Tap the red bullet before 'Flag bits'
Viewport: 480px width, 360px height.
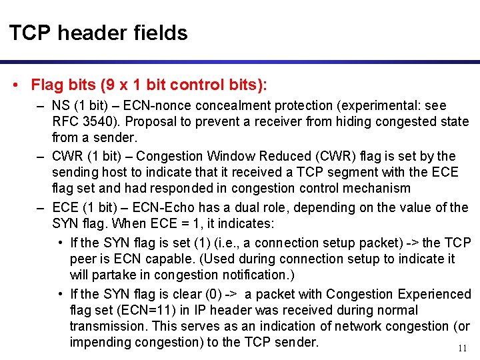point(15,85)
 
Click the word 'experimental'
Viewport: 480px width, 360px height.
point(379,106)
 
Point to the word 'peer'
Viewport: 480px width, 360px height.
point(83,259)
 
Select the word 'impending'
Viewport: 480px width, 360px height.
point(101,343)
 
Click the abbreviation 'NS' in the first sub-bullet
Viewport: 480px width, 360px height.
point(61,106)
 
